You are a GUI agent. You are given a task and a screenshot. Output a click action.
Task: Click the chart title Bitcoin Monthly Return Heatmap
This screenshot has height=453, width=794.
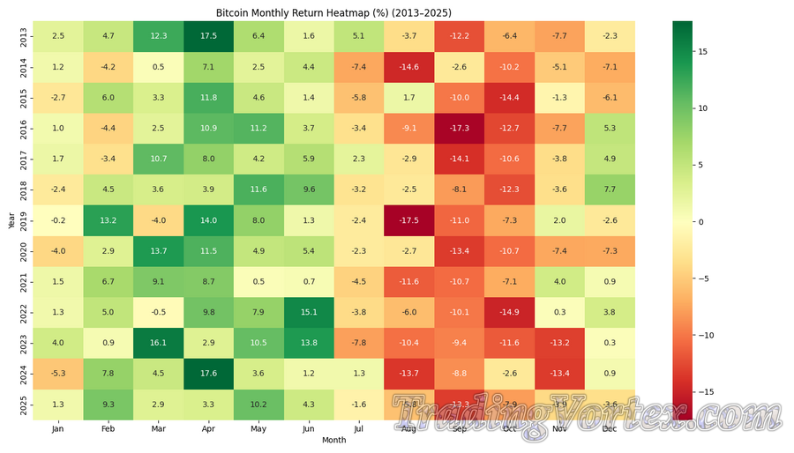coord(333,13)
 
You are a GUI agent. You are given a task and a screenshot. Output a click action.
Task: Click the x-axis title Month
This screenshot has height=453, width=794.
coord(334,440)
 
